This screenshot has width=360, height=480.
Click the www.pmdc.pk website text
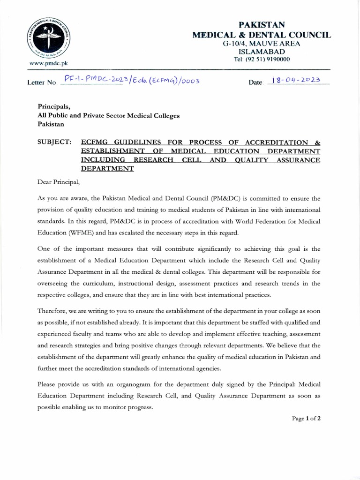(46, 62)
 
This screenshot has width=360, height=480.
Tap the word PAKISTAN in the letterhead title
(262, 24)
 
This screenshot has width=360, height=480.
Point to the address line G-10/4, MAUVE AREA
(262, 43)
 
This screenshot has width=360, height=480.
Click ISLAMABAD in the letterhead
(262, 51)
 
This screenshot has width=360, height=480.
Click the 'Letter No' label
(42, 82)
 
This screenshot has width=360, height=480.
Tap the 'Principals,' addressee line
(54, 106)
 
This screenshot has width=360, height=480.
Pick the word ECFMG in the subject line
(96, 142)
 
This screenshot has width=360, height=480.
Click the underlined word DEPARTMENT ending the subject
(107, 169)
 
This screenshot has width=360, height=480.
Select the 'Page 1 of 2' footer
(306, 419)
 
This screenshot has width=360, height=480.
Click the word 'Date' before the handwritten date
(256, 82)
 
